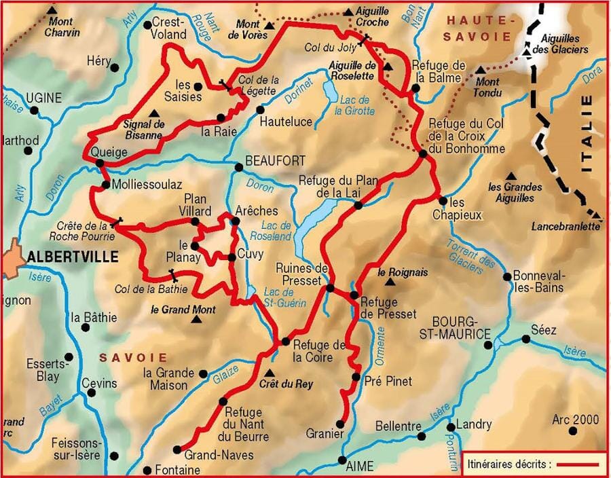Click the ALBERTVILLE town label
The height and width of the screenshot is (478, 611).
pyautogui.click(x=73, y=257)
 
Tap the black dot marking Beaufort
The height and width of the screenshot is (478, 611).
pyautogui.click(x=238, y=167)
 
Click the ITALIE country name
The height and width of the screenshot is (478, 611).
pyautogui.click(x=587, y=132)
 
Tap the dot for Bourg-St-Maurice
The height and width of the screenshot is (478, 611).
pyautogui.click(x=489, y=345)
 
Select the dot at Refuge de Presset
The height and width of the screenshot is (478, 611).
pyautogui.click(x=354, y=295)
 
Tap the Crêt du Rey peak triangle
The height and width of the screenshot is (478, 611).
pyautogui.click(x=271, y=373)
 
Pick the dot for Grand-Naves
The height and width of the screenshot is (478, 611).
pyautogui.click(x=178, y=449)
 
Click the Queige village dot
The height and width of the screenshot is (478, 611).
pyautogui.click(x=100, y=163)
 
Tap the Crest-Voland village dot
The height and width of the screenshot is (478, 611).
pyautogui.click(x=147, y=25)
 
